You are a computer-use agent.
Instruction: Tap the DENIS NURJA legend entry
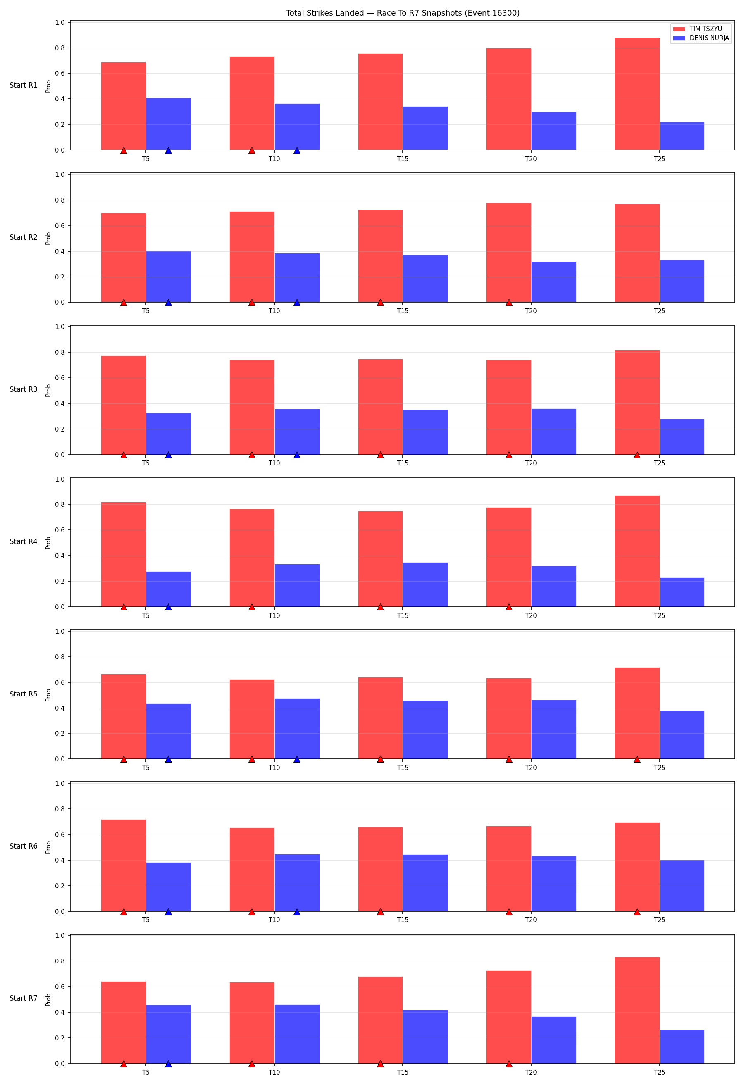coord(701,38)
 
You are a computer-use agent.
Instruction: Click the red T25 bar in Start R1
coord(637,94)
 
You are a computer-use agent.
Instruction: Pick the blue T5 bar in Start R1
coord(169,124)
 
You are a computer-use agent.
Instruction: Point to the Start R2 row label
coord(23,237)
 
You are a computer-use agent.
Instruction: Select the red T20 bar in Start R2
coord(508,253)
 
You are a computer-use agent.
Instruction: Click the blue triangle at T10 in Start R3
coord(297,455)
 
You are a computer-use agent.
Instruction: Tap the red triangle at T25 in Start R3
coord(637,455)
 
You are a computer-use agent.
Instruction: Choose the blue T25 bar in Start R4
coord(682,592)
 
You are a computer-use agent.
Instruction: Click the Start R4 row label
coord(23,541)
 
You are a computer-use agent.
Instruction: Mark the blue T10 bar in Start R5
coord(297,728)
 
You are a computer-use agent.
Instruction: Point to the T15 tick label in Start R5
coord(403,768)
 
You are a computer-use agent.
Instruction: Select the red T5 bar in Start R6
coord(124,865)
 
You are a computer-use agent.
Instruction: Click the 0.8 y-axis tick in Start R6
coord(60,809)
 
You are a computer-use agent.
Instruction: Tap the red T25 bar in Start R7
coord(637,1010)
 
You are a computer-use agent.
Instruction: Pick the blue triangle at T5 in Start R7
coord(169,1064)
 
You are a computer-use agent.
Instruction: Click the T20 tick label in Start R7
coord(531,1073)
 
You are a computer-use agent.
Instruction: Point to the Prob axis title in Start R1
coord(48,86)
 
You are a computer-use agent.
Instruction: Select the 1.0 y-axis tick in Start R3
coord(60,327)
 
